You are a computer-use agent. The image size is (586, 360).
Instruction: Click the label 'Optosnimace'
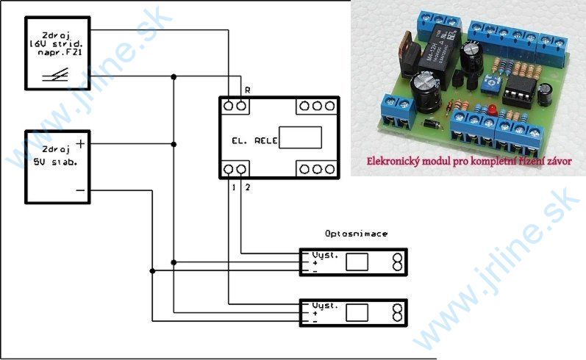(356, 233)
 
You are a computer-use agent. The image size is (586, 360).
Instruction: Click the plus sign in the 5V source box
(80, 145)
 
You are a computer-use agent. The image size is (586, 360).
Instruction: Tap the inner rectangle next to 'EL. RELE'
(300, 137)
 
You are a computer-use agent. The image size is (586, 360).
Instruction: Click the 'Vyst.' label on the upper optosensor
(324, 255)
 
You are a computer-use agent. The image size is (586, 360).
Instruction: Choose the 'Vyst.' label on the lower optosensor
(324, 304)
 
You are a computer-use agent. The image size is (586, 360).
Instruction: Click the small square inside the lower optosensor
(357, 312)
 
